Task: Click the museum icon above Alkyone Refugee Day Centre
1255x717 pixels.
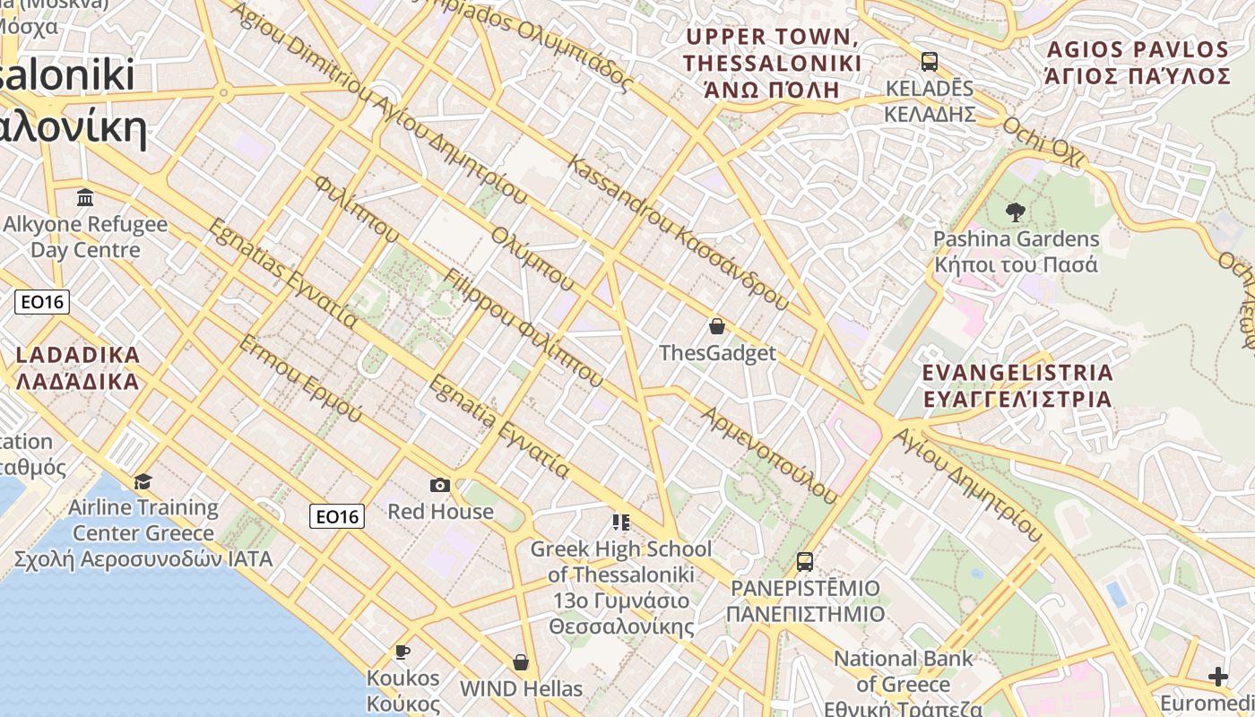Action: (85, 197)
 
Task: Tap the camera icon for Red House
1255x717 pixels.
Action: (440, 485)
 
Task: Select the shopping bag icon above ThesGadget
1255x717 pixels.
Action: (716, 326)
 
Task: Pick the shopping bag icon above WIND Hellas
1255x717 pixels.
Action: (521, 662)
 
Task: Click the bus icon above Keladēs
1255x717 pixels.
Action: (930, 62)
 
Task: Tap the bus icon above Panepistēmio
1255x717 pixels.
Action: (805, 562)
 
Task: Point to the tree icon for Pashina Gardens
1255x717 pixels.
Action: (1016, 212)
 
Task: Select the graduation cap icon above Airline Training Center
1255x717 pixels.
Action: (143, 482)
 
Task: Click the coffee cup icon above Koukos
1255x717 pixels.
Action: (402, 652)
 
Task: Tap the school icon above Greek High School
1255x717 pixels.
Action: (620, 522)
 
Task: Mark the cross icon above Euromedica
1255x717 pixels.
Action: (1217, 676)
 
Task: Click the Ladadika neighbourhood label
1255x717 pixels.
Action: (78, 368)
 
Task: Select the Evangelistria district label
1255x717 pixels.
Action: (1017, 385)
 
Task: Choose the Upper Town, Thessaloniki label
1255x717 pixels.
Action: (772, 63)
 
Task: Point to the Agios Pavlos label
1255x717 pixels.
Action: (1138, 62)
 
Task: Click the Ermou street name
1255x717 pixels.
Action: (300, 378)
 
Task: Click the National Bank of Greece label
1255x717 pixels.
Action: (903, 684)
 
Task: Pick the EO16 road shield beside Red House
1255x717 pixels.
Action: (337, 516)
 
